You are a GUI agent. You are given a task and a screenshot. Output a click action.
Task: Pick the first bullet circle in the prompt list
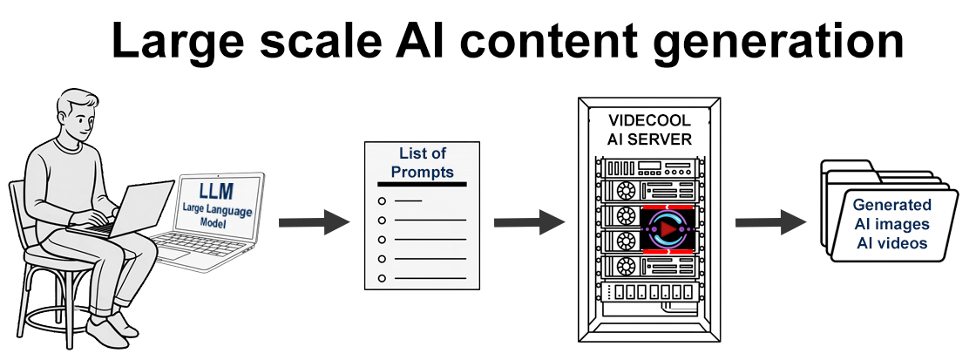pyautogui.click(x=382, y=201)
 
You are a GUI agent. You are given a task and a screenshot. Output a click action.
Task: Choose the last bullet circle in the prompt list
pyautogui.click(x=382, y=278)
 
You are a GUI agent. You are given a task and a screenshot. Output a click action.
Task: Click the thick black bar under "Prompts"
pyautogui.click(x=422, y=184)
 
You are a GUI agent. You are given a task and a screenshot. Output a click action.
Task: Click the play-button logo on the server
pyautogui.click(x=664, y=229)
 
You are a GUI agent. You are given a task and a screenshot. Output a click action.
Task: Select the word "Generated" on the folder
pyautogui.click(x=891, y=206)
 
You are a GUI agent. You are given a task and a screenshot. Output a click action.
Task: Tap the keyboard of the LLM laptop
pyautogui.click(x=186, y=248)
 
